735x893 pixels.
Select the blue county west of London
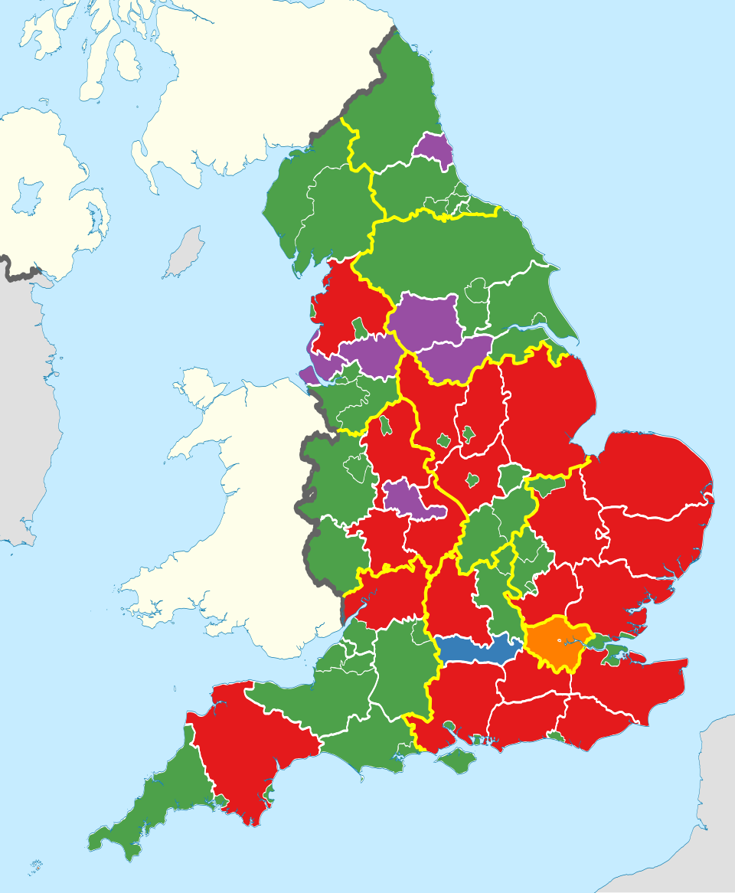479,649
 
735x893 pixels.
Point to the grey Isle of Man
184,253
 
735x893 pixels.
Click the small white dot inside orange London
560,641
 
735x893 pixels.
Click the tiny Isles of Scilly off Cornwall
35,867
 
